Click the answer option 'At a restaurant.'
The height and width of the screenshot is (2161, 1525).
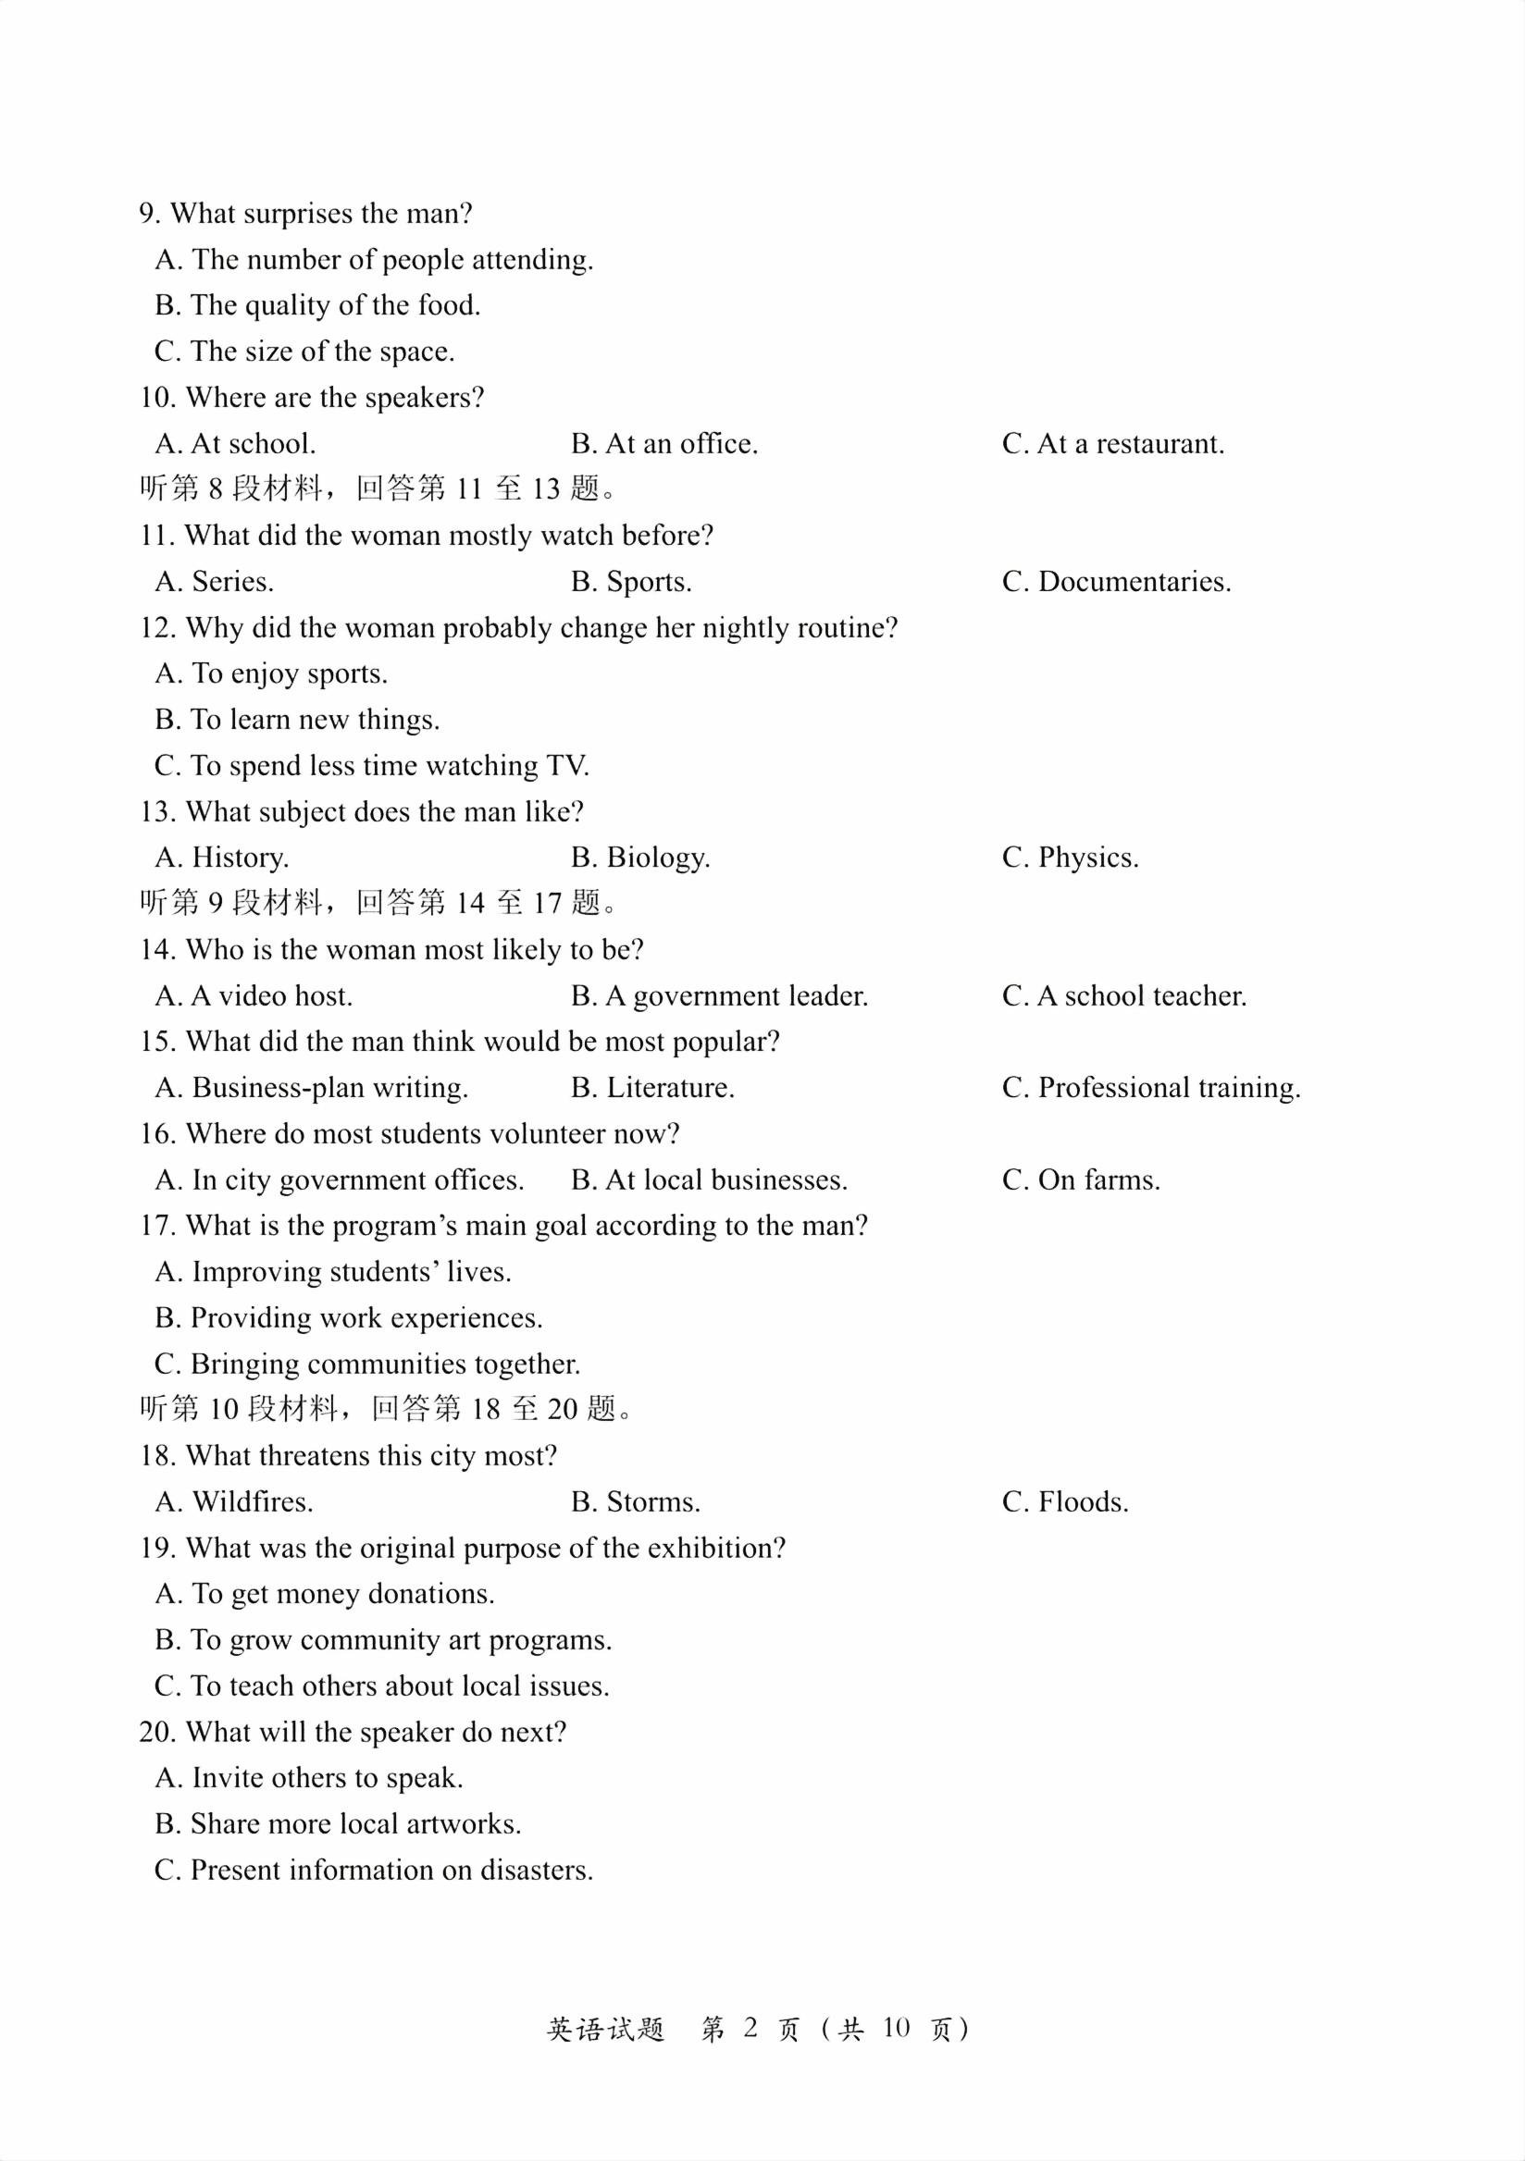1112,443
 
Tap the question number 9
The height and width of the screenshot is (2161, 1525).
149,214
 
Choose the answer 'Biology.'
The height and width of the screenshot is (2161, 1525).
640,858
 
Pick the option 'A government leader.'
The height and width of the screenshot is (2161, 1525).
719,995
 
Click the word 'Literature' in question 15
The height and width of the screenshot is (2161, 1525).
668,1088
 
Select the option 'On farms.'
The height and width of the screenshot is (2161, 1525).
1081,1180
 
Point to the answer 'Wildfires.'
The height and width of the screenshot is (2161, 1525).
234,1502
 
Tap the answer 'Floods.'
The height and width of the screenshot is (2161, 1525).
1065,1502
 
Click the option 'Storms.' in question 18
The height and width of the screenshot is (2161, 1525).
636,1502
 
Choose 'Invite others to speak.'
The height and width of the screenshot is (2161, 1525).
310,1778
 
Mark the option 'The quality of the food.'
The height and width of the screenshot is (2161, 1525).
318,306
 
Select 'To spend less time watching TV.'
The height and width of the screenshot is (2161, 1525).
372,766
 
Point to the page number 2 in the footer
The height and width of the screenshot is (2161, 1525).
750,2029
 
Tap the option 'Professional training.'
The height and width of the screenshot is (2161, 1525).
1151,1088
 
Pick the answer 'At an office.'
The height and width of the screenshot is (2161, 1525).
663,443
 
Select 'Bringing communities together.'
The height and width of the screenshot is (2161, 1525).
368,1364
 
